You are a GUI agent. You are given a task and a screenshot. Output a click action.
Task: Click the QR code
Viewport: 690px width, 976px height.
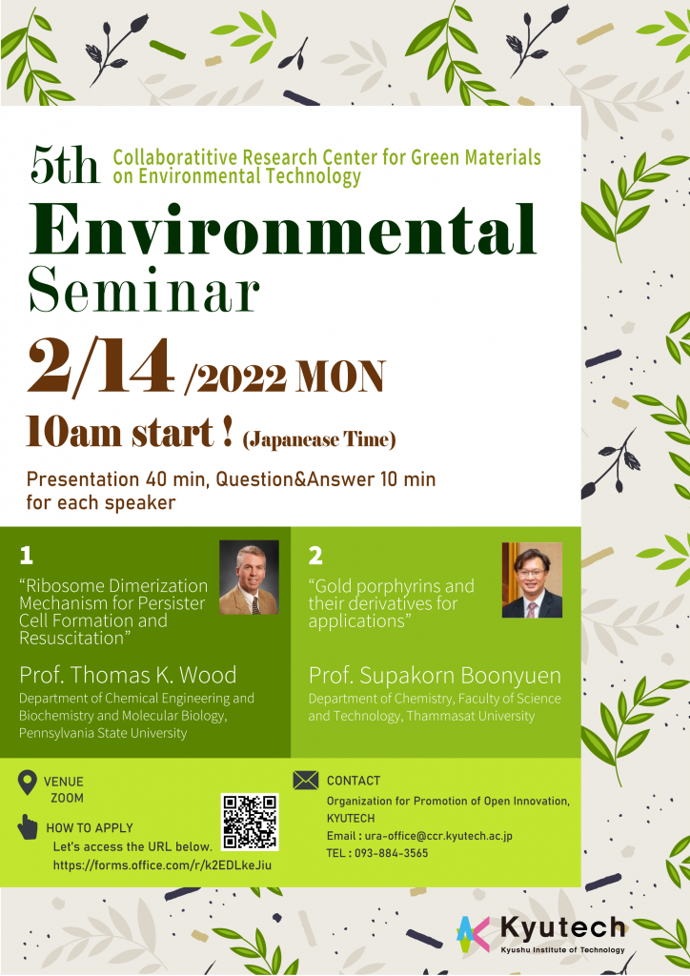[x=250, y=822]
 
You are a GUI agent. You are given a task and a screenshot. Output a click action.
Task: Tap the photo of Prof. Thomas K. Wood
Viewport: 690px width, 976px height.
[x=249, y=578]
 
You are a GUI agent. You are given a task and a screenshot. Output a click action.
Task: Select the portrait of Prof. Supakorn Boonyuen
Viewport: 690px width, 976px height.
[x=532, y=579]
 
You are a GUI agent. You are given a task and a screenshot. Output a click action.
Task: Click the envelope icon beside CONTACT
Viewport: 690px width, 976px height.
[x=306, y=780]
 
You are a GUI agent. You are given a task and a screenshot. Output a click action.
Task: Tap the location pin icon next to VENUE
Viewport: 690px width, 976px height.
[x=28, y=783]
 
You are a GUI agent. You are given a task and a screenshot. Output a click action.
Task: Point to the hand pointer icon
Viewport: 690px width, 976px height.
[x=28, y=826]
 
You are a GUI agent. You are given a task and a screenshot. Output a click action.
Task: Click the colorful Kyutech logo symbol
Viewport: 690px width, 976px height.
[x=473, y=934]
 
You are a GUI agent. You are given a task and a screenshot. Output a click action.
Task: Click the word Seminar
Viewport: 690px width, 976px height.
[x=144, y=291]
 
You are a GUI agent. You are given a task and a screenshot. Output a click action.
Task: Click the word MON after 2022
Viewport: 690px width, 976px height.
[x=341, y=376]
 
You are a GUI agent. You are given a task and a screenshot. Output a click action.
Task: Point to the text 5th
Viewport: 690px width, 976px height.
[x=65, y=165]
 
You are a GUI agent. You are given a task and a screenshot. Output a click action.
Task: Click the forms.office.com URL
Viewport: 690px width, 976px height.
[x=162, y=865]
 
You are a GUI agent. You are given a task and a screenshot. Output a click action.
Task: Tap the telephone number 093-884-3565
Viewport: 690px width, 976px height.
[x=392, y=853]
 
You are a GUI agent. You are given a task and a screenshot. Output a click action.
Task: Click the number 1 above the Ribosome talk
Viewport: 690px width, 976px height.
[x=26, y=556]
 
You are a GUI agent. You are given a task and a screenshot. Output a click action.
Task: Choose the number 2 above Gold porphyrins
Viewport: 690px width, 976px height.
[x=315, y=556]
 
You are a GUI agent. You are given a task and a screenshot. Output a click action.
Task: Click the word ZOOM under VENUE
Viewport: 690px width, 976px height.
[x=68, y=798]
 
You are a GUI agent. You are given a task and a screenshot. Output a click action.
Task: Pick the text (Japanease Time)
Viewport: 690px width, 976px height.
[x=319, y=439]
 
